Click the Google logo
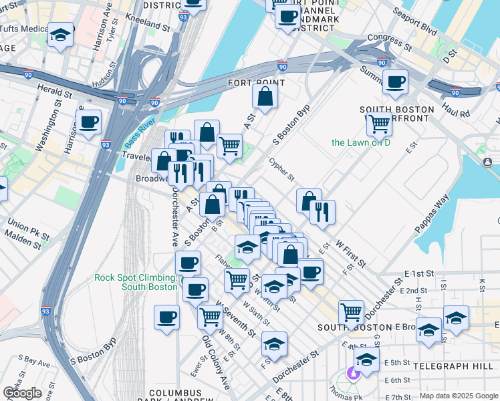click(21, 393)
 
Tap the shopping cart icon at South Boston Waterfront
click(379, 124)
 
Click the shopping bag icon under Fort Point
click(265, 96)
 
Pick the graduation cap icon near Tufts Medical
click(61, 36)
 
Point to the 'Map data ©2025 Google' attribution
click(459, 396)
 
